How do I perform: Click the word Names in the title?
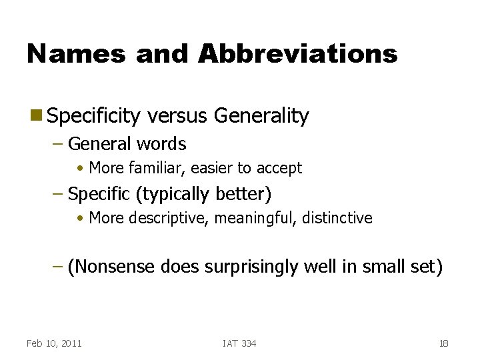(x=75, y=53)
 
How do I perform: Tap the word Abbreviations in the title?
(x=297, y=53)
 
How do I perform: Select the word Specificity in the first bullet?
(x=94, y=116)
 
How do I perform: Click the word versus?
(x=178, y=116)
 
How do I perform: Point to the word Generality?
(x=261, y=116)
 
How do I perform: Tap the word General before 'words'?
(x=100, y=143)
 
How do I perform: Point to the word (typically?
(x=173, y=194)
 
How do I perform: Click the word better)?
(x=243, y=194)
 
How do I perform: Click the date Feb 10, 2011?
(x=54, y=343)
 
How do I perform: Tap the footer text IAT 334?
(x=239, y=343)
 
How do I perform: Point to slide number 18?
(x=443, y=343)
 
